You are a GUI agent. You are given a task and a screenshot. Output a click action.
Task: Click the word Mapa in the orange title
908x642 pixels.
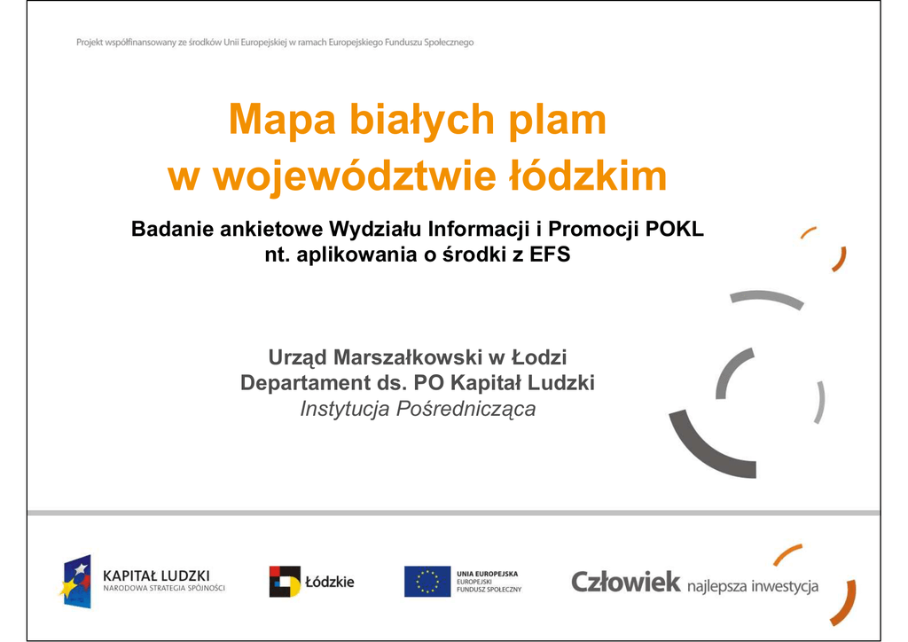[282, 120]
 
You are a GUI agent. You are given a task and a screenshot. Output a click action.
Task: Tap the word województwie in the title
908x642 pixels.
[355, 176]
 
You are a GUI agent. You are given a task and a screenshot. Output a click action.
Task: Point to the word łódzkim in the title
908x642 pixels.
[588, 175]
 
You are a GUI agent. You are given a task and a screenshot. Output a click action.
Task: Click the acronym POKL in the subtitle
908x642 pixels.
[674, 230]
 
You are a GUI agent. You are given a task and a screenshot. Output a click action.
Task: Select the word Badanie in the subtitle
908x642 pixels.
[169, 230]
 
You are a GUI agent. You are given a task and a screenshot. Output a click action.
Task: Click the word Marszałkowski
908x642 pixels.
[408, 357]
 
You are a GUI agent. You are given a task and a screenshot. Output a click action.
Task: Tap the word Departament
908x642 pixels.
[305, 383]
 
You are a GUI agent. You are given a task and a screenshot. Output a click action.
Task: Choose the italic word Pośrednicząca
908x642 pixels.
[466, 409]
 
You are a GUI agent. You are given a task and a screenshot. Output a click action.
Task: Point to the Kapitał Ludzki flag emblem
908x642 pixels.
[76, 581]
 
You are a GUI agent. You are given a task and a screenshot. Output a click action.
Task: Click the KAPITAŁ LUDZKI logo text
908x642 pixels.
[156, 576]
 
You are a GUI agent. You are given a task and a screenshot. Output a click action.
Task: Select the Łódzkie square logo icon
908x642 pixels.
[285, 581]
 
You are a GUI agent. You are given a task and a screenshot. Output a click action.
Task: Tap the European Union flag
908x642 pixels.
[427, 581]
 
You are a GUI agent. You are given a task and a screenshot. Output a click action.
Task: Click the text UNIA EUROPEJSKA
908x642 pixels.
[487, 574]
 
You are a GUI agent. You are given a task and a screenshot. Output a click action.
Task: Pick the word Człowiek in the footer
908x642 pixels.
[625, 582]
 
